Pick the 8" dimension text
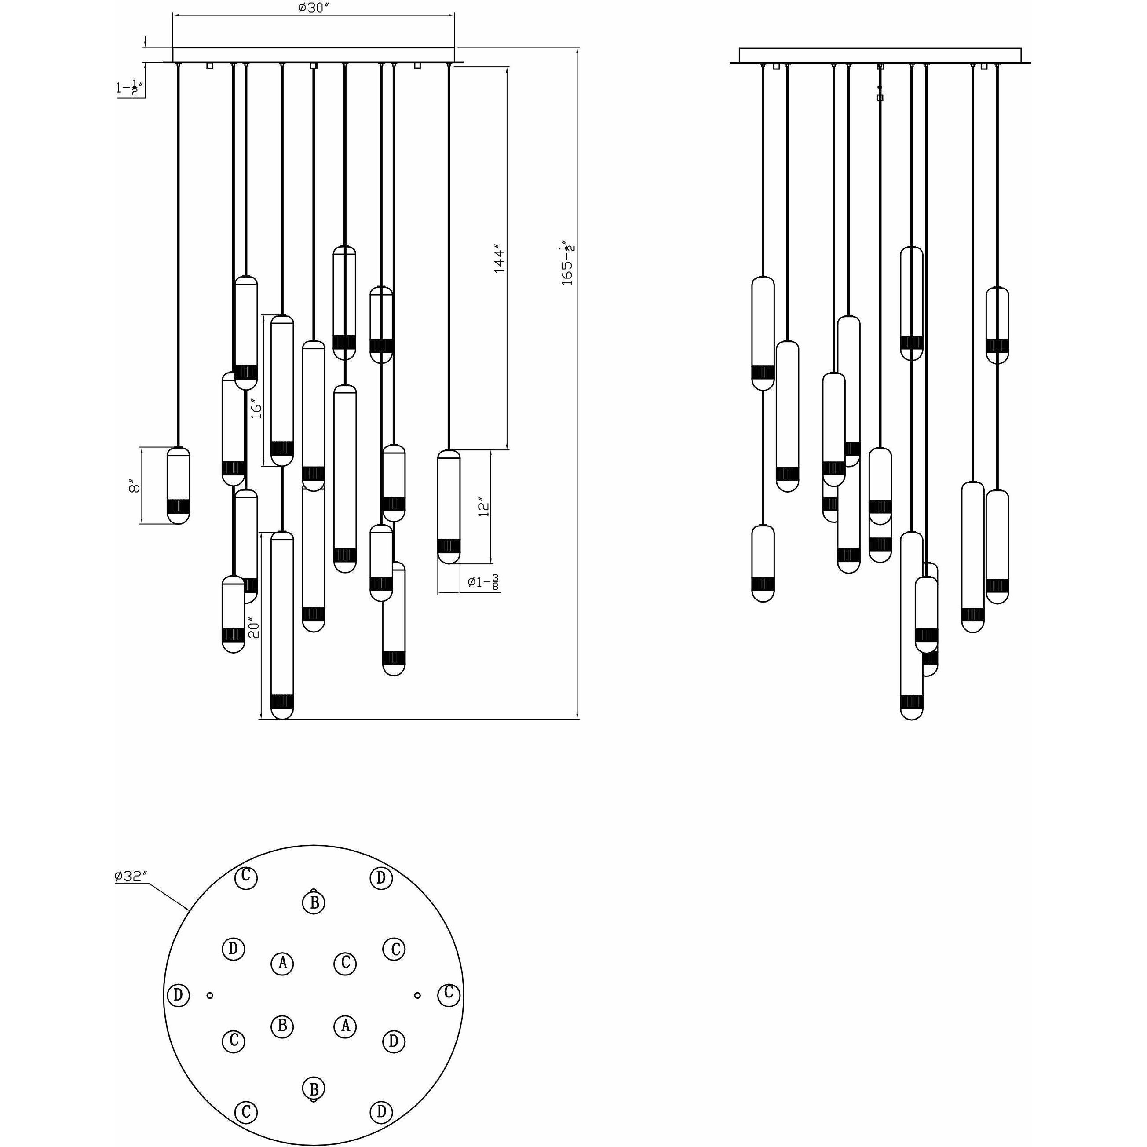click(135, 487)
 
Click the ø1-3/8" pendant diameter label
click(482, 582)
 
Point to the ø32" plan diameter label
click(131, 876)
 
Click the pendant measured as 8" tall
click(178, 486)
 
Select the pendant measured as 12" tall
click(449, 507)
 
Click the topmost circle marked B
click(314, 902)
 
